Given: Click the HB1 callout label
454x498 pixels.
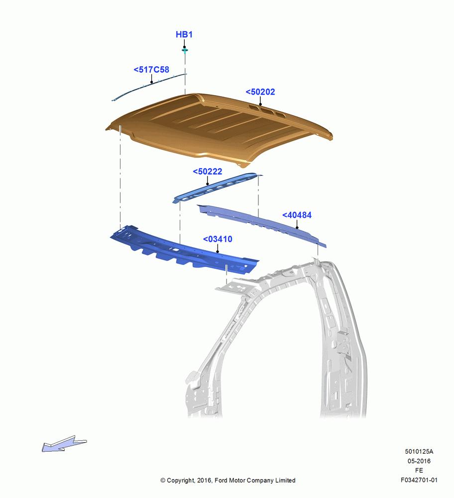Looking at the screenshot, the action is click(x=184, y=34).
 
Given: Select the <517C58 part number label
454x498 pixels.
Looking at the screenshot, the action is click(x=151, y=70).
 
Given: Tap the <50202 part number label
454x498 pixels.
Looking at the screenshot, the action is click(x=260, y=92).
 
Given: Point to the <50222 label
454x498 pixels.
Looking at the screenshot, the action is click(x=208, y=171).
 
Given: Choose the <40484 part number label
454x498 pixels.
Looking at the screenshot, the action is click(x=297, y=215).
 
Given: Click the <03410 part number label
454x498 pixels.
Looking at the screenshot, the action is click(x=218, y=239).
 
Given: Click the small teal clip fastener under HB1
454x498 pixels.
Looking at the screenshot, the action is click(x=185, y=50).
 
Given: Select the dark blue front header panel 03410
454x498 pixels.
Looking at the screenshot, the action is click(x=184, y=250).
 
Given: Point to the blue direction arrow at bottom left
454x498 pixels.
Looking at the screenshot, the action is click(x=64, y=443).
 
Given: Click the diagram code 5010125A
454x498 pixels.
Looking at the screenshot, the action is click(x=419, y=451).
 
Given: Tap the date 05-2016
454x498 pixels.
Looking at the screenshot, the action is click(x=419, y=461).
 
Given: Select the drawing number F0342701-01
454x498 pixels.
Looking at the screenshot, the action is click(x=419, y=480).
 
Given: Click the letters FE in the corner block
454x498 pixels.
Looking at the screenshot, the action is click(x=419, y=471).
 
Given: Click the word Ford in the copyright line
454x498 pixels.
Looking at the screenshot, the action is click(x=222, y=481).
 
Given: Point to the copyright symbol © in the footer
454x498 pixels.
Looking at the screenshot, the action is click(x=163, y=481).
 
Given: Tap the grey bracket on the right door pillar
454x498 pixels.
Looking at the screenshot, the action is click(x=344, y=345).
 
